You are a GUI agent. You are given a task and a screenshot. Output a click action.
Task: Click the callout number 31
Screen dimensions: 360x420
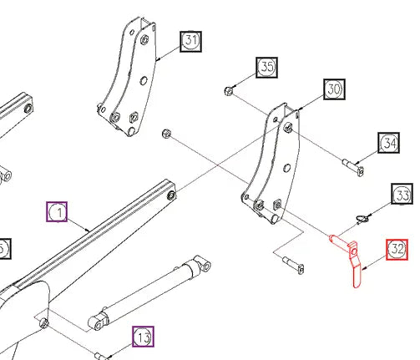click(191, 41)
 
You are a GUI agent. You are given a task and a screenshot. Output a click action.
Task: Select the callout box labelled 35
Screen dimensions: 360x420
click(267, 68)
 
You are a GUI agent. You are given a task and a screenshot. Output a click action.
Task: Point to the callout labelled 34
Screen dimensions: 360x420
click(390, 143)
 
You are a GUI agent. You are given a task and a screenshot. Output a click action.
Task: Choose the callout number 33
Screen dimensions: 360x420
click(403, 195)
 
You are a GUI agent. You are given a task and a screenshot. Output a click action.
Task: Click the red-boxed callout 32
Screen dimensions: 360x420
click(397, 249)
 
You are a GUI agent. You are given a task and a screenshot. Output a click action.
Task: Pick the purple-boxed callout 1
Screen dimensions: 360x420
click(57, 213)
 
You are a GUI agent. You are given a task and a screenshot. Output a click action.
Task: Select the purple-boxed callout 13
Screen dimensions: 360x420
click(143, 337)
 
